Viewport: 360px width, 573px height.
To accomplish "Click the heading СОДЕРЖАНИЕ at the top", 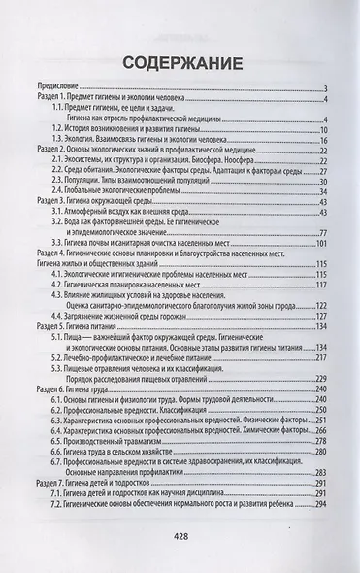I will [180, 63].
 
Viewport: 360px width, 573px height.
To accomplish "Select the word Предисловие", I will [54, 90].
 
